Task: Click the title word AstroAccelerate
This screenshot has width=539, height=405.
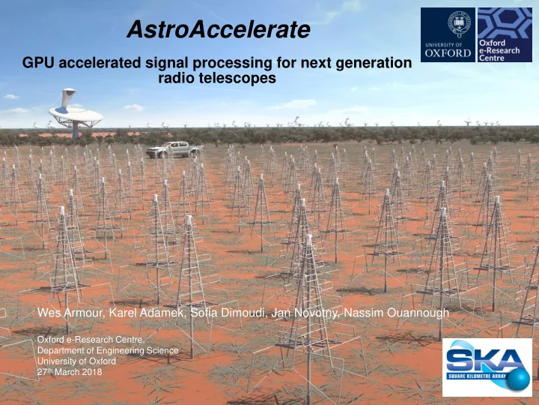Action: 219,29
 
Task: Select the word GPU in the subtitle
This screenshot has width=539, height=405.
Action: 38,63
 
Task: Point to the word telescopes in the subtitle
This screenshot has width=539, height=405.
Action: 237,78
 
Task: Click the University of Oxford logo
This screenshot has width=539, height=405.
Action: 448,34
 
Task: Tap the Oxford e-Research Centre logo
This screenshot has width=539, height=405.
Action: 505,34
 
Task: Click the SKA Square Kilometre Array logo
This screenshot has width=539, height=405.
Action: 487,367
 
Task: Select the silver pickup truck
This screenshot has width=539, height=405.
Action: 174,150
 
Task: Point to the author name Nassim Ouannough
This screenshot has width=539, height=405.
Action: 396,313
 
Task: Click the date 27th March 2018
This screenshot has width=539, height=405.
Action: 70,372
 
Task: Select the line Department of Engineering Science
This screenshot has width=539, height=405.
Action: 108,350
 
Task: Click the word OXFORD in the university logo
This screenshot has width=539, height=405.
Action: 448,53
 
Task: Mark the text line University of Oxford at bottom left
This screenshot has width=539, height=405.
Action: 76,361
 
